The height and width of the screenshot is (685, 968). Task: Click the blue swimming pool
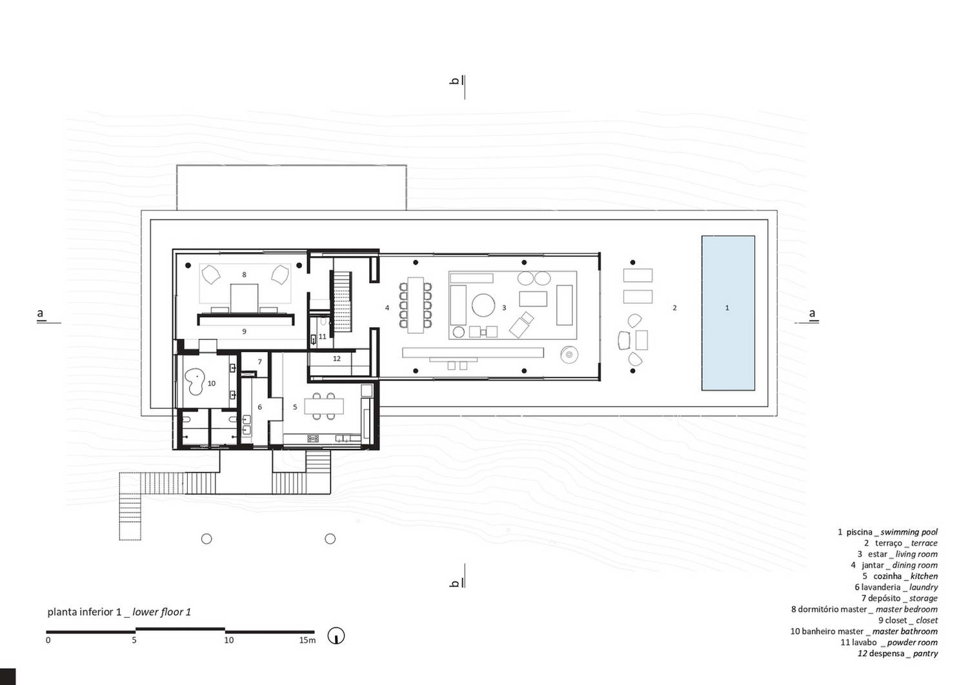coord(728,313)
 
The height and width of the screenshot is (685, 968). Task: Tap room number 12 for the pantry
coord(337,359)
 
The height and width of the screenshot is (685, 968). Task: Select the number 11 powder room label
coord(323,337)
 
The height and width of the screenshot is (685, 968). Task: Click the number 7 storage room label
coord(259,361)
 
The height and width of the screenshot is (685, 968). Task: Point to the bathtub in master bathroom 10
coord(195,382)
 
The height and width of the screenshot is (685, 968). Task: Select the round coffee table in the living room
coord(483,305)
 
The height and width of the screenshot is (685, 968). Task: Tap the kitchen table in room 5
coord(324,406)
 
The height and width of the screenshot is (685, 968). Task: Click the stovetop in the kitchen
coord(313,439)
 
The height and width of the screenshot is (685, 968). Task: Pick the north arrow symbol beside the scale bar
coord(336,636)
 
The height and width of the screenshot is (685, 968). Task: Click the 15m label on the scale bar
coord(307,640)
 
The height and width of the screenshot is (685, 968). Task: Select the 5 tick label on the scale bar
coord(134,640)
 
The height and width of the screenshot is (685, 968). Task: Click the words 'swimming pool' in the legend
coord(909,532)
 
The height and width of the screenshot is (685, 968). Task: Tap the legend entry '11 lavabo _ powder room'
coord(889,642)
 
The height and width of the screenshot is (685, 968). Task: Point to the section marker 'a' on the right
coord(812,313)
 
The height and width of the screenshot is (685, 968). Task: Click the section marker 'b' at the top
coord(454,81)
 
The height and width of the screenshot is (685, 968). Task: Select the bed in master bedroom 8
coord(244,297)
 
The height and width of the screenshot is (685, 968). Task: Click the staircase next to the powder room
coord(342,301)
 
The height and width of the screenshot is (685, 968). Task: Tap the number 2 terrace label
coord(674,308)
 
